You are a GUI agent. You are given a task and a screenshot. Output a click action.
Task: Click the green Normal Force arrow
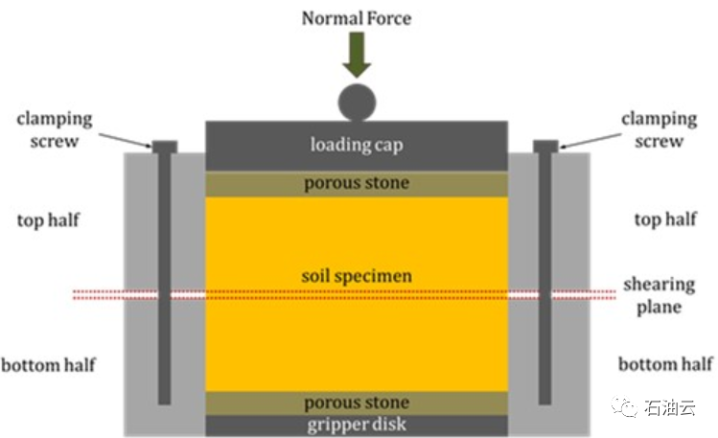coord(357,57)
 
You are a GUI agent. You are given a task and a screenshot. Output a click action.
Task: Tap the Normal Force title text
coord(357,17)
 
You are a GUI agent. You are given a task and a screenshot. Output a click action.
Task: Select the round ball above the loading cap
coord(357,101)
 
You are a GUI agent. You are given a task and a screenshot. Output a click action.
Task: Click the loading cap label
coord(357,146)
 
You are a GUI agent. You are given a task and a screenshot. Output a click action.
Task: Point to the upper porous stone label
coord(357,183)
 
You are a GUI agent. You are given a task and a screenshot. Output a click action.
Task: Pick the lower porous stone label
coord(357,403)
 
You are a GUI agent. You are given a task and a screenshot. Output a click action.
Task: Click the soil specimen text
coord(357,276)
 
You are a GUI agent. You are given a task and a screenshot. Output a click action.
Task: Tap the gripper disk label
coord(357,425)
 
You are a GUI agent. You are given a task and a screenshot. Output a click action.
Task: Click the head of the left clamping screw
coord(165,147)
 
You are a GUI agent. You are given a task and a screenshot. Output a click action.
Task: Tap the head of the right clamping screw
coord(545,146)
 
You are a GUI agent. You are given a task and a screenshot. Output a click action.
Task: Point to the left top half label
coord(47,220)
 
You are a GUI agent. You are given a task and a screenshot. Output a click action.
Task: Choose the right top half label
coord(664,220)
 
